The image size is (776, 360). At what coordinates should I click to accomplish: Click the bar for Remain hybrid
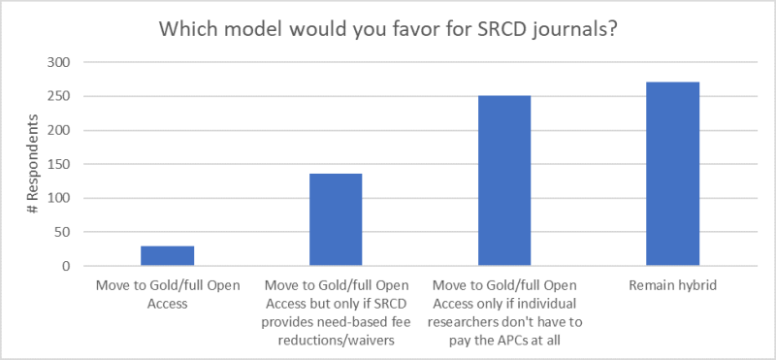[x=672, y=175]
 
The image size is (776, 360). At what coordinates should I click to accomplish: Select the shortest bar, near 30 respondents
[x=167, y=256]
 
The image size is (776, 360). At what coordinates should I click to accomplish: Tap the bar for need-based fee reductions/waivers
[x=336, y=220]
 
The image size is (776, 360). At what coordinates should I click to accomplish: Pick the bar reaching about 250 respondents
[x=503, y=181]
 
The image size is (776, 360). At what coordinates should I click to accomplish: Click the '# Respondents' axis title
[x=34, y=165]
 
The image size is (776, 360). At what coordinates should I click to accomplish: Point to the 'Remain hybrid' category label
[x=672, y=285]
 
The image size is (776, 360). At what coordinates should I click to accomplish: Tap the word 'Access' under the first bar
[x=167, y=303]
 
